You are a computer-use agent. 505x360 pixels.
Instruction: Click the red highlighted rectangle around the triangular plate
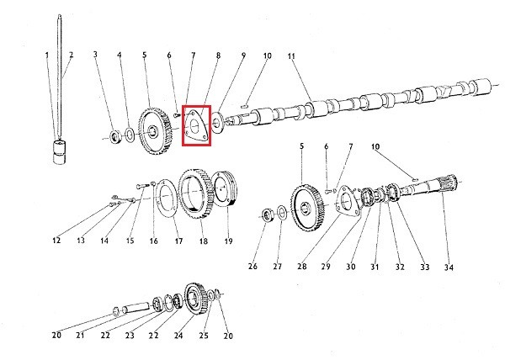tap(183, 125)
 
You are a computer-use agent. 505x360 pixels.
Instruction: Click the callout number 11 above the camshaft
tap(291, 56)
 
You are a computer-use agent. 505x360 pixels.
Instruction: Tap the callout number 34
tap(449, 267)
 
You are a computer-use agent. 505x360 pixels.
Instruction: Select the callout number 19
tap(228, 241)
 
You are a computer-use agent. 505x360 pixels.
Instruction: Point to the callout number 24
tap(178, 336)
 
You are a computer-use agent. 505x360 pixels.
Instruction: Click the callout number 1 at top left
tap(47, 56)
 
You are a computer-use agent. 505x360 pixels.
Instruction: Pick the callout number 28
tap(302, 267)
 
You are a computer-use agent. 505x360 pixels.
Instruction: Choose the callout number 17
tap(178, 241)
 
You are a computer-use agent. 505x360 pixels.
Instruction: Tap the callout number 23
tap(130, 336)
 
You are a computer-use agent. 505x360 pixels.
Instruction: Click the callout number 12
tap(56, 241)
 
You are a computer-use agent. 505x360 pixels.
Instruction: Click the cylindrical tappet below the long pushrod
tap(59, 152)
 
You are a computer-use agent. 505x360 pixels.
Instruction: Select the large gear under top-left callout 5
tap(155, 131)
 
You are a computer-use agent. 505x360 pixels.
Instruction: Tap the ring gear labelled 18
tap(195, 194)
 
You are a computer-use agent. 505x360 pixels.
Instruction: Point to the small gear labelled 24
tap(195, 299)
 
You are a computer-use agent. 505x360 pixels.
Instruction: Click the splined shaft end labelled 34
tap(449, 183)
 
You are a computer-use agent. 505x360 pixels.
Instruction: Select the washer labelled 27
tap(282, 214)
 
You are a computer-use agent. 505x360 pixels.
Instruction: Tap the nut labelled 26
tap(268, 215)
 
